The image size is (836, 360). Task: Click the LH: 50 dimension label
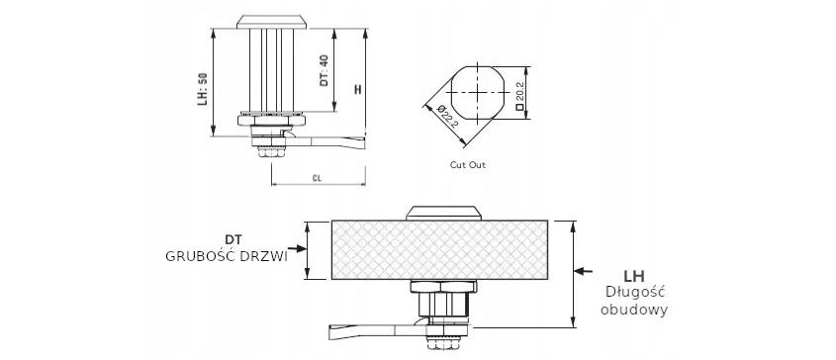[x=202, y=89]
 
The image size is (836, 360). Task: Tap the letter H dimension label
[x=358, y=89]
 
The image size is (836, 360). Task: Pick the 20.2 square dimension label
[x=519, y=95]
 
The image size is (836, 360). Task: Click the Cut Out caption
[x=468, y=165]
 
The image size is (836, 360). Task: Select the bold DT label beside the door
[x=233, y=239]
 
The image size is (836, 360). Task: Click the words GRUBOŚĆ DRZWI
[x=227, y=256]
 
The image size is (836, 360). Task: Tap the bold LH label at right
[x=634, y=276]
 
